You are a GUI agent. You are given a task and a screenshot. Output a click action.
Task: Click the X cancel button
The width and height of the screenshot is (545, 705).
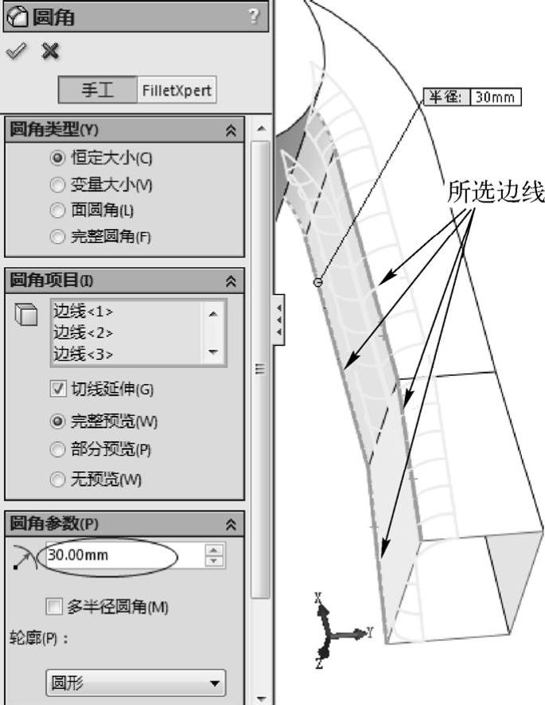[x=50, y=51]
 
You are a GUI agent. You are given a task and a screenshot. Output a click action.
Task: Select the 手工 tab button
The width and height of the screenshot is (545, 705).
[x=97, y=90]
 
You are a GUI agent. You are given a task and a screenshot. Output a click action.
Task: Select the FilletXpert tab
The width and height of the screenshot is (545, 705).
[x=177, y=90]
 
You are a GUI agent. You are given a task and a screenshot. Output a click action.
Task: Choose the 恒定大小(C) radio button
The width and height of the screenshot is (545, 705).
[x=56, y=157]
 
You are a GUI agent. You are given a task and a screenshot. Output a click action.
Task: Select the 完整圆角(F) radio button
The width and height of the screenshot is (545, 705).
[x=56, y=236]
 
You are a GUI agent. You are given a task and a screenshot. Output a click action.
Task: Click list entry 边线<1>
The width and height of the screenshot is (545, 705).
[x=83, y=311]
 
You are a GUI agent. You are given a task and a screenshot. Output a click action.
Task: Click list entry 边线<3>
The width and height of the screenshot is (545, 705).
[x=83, y=354]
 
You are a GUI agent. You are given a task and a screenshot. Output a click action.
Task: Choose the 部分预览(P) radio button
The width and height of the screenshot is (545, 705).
[x=56, y=450]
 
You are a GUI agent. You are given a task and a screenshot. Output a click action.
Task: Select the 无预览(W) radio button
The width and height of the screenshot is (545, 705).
[x=56, y=479]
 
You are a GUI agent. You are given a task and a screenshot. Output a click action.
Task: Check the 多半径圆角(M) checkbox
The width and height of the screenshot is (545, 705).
[x=55, y=607]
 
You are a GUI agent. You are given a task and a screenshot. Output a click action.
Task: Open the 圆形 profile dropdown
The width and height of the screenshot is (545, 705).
[x=134, y=683]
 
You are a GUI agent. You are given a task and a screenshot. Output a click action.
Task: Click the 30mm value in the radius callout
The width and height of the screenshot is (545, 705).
[x=494, y=97]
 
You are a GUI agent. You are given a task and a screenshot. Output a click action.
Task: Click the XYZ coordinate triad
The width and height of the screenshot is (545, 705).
[x=339, y=632]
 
